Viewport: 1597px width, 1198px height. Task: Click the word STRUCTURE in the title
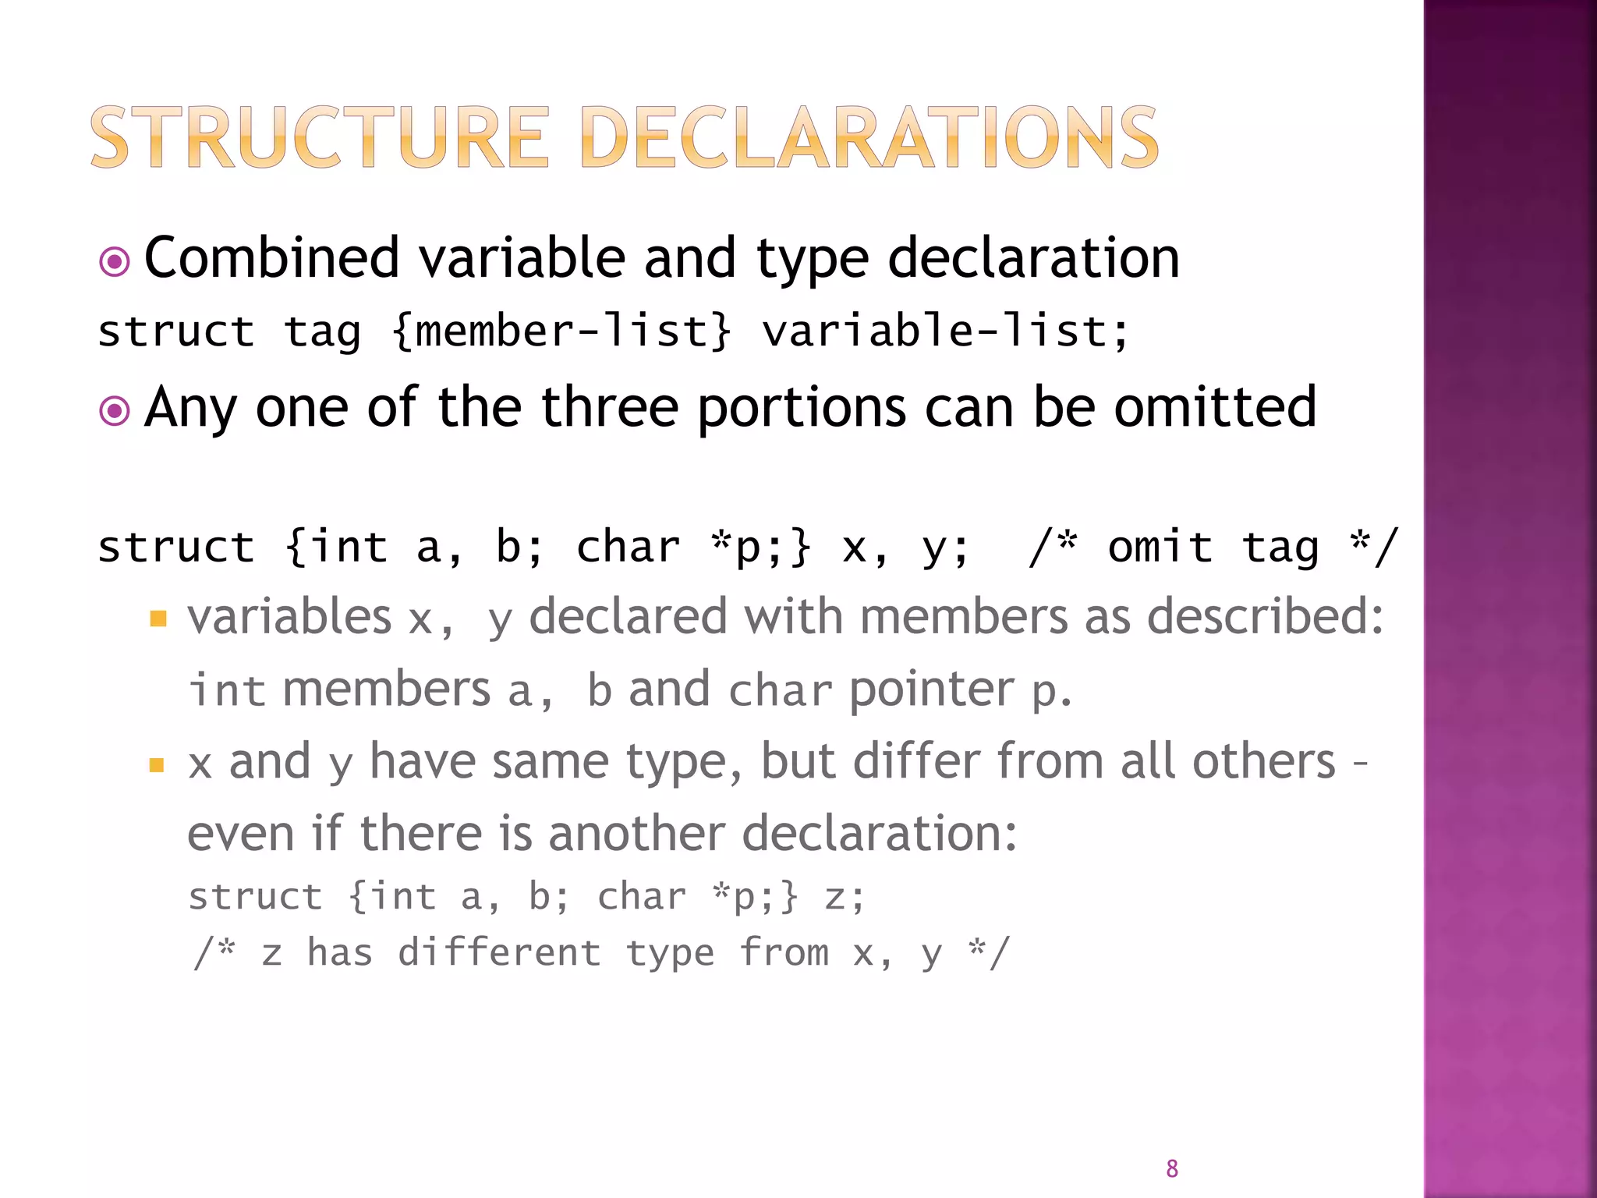320,138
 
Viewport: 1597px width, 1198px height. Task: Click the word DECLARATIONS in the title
869,138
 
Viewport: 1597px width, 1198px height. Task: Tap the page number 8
1171,1168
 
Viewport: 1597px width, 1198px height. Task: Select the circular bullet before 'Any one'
115,410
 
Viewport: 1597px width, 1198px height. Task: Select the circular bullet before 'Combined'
115,262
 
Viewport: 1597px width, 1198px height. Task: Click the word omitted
1215,407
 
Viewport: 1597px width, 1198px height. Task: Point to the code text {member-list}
561,331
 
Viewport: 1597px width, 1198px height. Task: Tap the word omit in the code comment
1160,547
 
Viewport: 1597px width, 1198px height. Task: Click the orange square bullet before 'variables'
158,619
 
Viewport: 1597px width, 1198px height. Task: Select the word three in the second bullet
609,407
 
